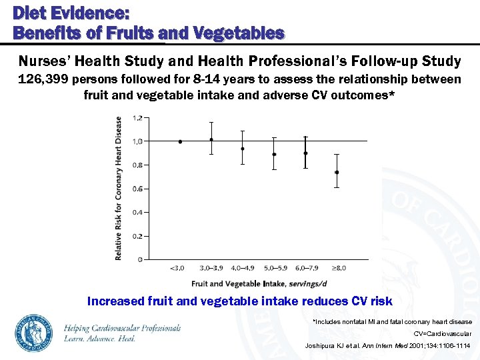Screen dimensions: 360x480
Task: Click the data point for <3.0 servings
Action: (x=180, y=141)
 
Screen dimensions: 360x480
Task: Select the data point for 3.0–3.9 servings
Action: (x=211, y=139)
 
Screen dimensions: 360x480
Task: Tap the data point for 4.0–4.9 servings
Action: (x=243, y=149)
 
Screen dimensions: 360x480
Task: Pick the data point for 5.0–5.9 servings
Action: (x=274, y=154)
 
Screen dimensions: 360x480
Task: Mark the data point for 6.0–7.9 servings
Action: (x=305, y=153)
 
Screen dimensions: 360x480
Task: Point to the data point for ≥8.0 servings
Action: (x=337, y=172)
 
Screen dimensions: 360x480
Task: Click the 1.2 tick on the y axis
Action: (x=137, y=118)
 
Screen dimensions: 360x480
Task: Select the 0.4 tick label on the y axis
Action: (x=137, y=213)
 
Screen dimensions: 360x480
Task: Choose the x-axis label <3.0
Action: (x=178, y=268)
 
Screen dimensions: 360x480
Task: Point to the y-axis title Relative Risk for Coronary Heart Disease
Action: (x=119, y=189)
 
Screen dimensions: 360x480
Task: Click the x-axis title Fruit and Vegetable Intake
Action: (x=227, y=284)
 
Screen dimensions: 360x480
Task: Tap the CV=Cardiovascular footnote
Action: (x=442, y=333)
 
